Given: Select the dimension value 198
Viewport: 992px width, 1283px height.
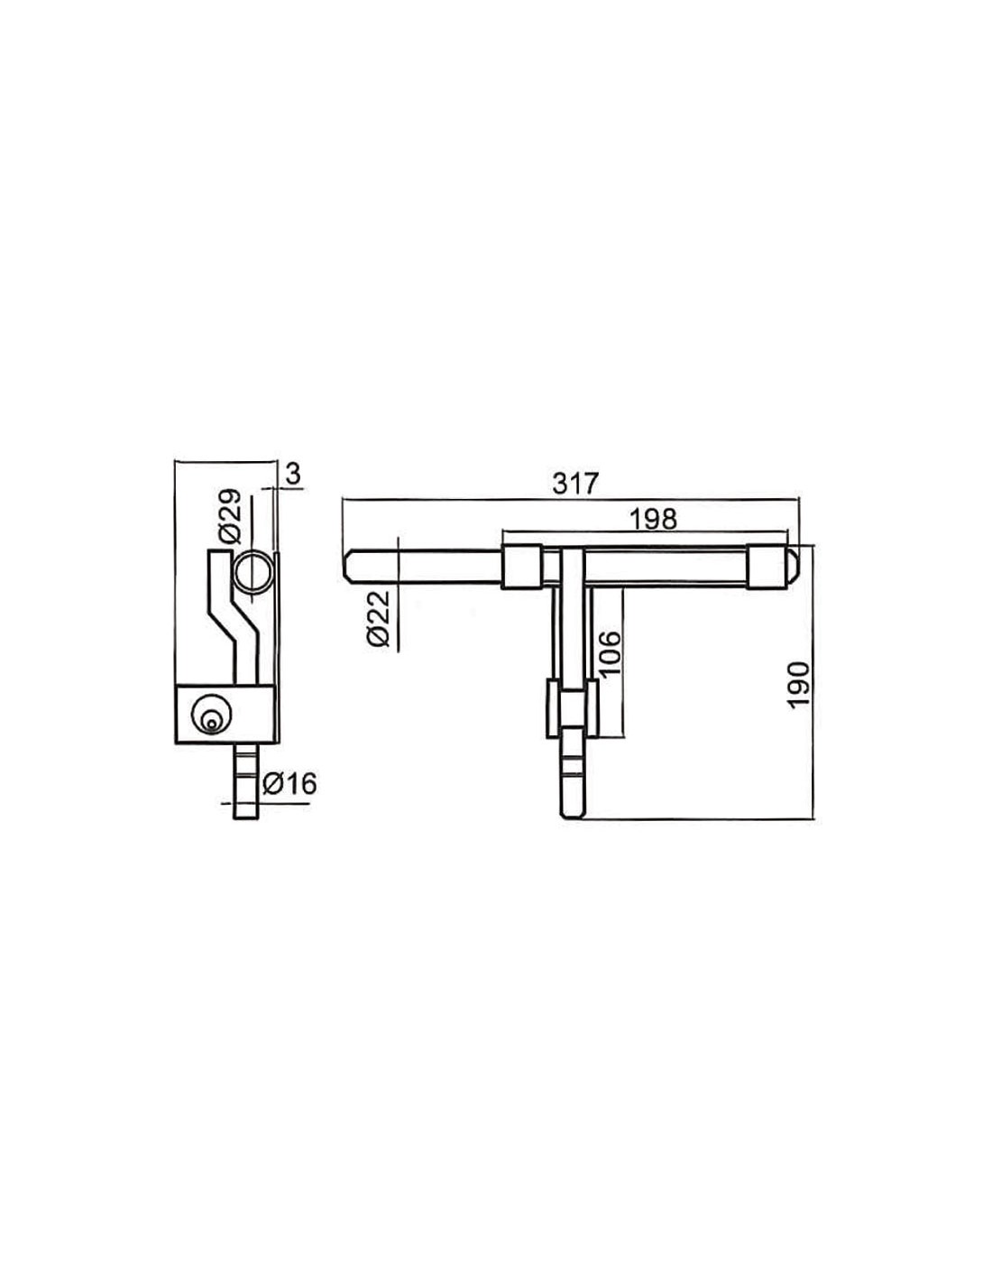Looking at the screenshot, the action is pos(653,519).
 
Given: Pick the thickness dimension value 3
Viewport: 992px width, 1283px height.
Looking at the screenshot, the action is pos(293,474).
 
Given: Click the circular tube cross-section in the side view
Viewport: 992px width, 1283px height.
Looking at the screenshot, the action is pos(253,571).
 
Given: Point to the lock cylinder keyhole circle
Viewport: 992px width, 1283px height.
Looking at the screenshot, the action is pos(210,714).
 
